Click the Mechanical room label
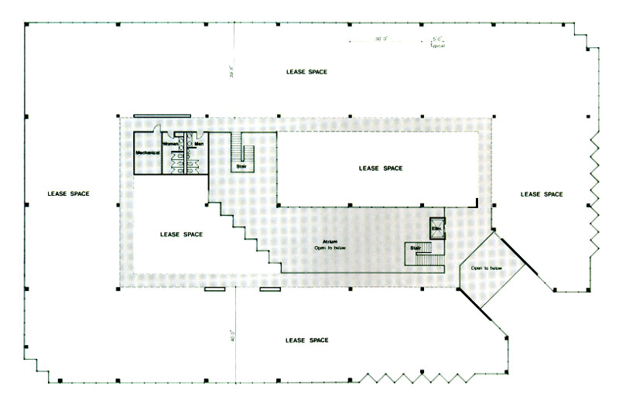coord(147,153)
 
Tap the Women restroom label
coord(170,145)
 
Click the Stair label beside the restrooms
coord(240,166)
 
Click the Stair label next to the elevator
coord(416,248)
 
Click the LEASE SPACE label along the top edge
coord(306,72)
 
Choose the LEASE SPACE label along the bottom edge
coord(307,340)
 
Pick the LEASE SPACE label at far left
coord(69,193)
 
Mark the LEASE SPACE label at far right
coord(541,193)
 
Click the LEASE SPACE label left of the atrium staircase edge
coord(181,234)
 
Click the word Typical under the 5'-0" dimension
coord(439,46)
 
